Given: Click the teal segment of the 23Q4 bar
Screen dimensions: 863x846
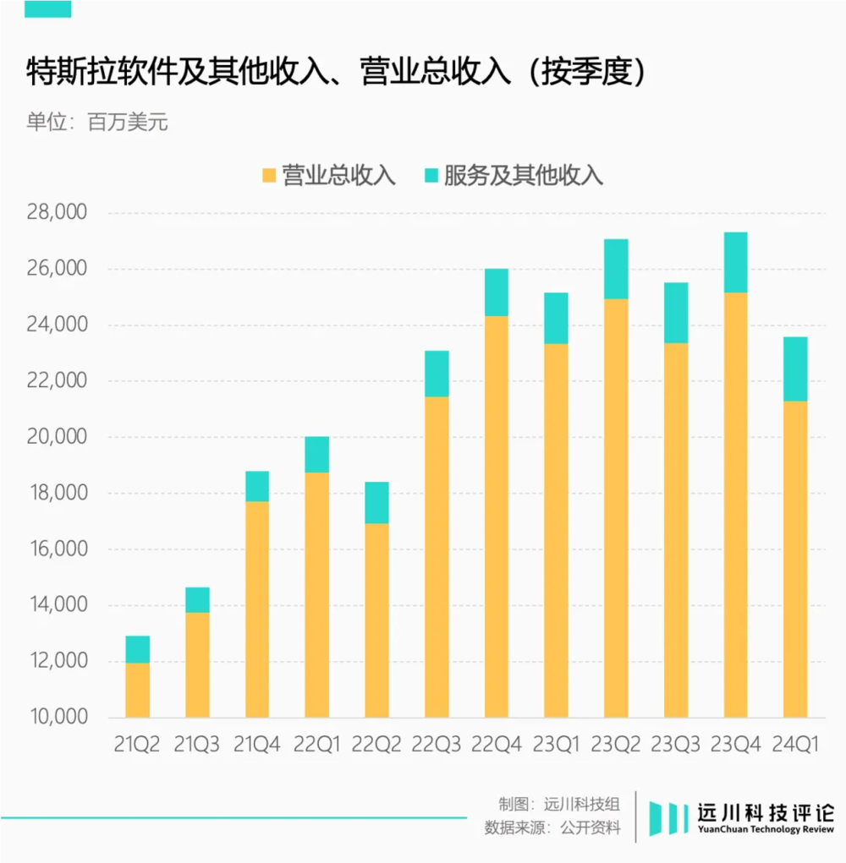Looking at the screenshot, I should click(735, 262).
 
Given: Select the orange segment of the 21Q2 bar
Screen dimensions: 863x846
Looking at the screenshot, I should click(138, 689).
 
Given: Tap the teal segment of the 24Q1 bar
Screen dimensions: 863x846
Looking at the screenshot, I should click(795, 369).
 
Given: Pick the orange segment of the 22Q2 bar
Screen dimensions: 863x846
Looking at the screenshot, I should click(376, 620).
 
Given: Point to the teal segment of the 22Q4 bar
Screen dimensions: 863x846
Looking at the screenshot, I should click(497, 292).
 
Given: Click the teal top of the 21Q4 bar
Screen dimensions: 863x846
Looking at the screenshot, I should click(257, 486).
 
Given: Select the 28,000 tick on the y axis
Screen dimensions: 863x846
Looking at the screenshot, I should click(57, 212).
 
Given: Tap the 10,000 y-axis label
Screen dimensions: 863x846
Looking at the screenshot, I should click(57, 717).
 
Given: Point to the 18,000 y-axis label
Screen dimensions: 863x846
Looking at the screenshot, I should click(57, 493).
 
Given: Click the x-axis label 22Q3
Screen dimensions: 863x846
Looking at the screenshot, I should click(437, 745).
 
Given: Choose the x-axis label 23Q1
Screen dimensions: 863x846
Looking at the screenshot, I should click(556, 745).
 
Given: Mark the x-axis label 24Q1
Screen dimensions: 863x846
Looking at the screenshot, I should click(795, 745).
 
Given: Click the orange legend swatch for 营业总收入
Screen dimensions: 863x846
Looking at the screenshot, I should click(269, 176).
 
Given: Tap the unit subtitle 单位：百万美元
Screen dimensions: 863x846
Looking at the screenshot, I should click(97, 122).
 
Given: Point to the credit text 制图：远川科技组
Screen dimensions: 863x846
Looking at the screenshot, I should click(559, 804).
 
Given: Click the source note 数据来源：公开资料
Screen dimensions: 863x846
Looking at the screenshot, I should click(552, 827).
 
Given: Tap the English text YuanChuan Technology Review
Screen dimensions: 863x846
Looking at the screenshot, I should click(766, 830).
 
